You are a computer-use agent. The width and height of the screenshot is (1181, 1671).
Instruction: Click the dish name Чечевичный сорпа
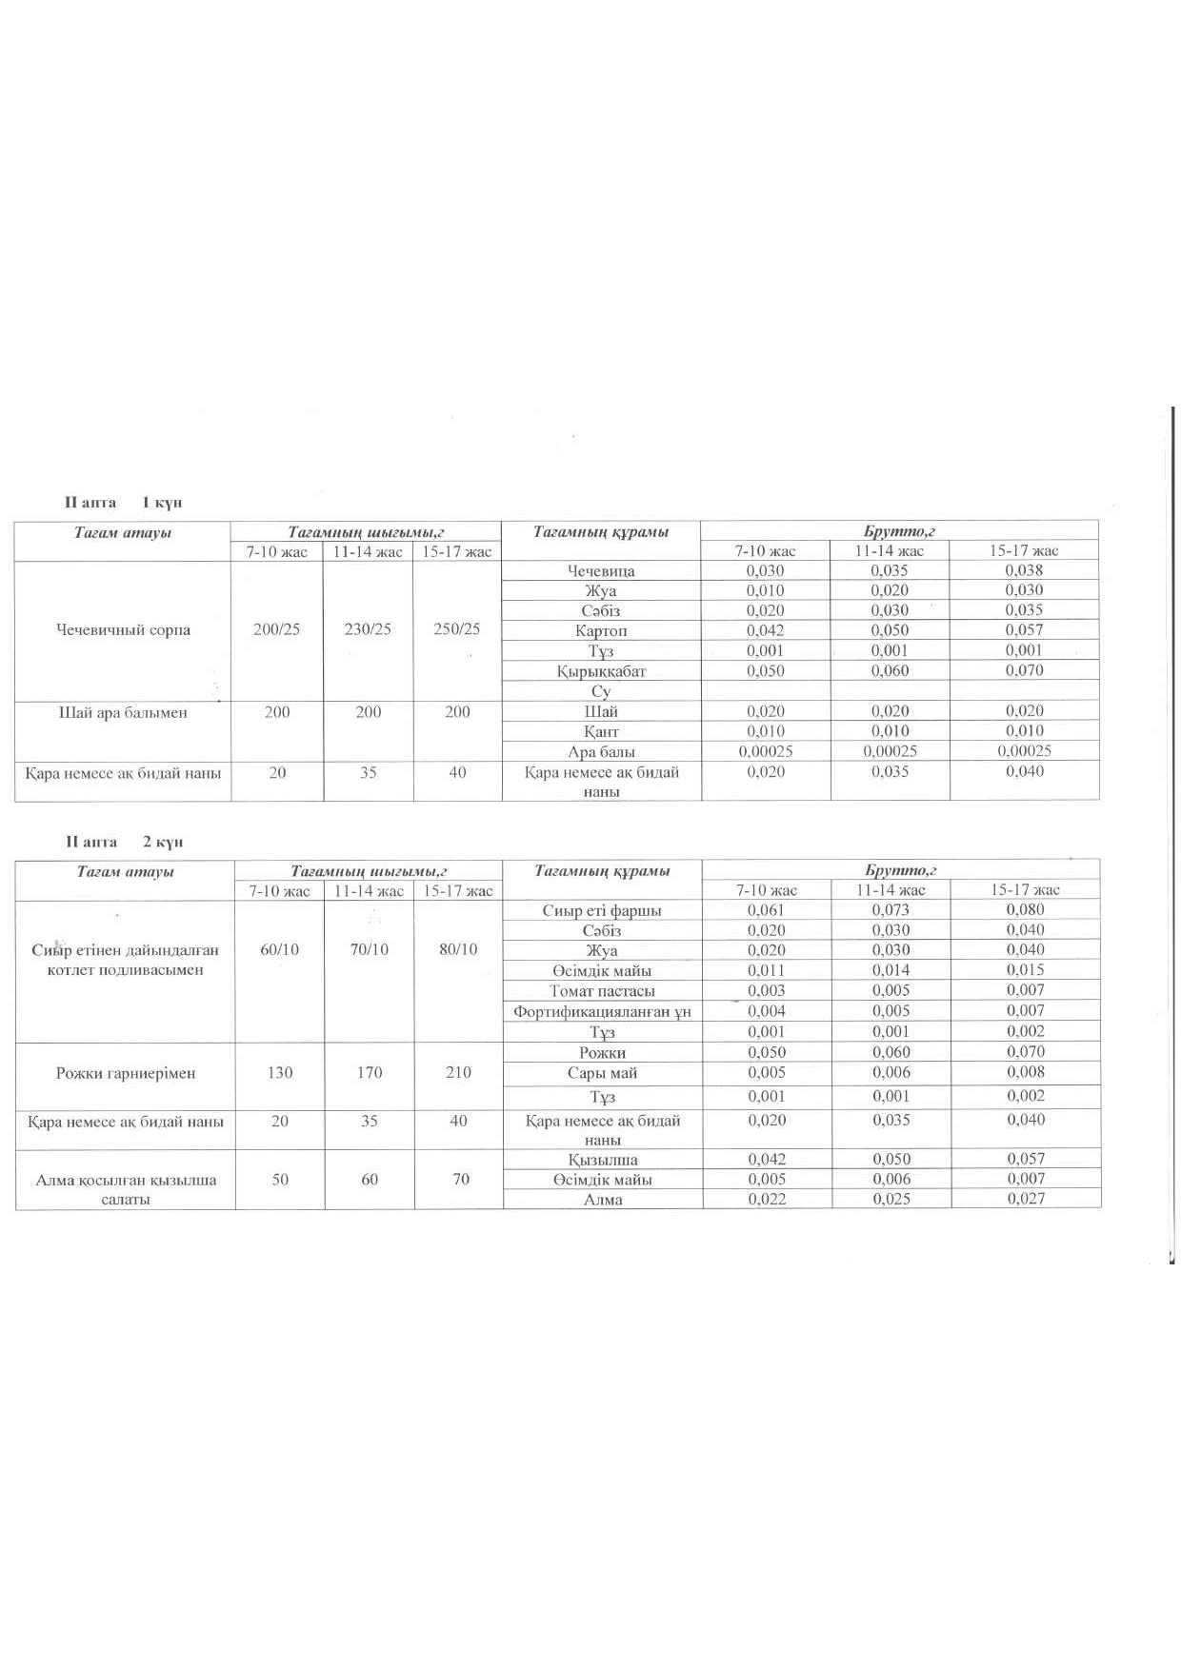pyautogui.click(x=123, y=630)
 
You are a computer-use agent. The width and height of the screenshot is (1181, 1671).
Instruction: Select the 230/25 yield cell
pyautogui.click(x=368, y=629)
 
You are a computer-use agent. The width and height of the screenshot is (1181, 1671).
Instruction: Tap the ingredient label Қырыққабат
pyautogui.click(x=601, y=671)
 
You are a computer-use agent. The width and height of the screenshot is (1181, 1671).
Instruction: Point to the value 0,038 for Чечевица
pyautogui.click(x=1024, y=570)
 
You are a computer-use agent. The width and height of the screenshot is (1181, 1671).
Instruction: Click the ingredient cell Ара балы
pyautogui.click(x=601, y=751)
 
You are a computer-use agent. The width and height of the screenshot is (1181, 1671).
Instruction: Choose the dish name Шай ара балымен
pyautogui.click(x=123, y=712)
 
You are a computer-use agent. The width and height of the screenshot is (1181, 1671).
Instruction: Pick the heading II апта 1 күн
pyautogui.click(x=123, y=503)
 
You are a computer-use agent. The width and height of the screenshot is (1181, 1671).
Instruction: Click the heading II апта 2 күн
pyautogui.click(x=124, y=842)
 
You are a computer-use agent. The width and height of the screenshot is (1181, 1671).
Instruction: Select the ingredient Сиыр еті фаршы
pyautogui.click(x=602, y=910)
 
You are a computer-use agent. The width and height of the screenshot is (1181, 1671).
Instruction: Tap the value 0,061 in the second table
pyautogui.click(x=766, y=910)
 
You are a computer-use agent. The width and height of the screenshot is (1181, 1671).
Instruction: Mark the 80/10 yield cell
pyautogui.click(x=458, y=949)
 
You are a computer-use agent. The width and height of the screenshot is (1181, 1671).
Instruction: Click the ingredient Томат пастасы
pyautogui.click(x=602, y=991)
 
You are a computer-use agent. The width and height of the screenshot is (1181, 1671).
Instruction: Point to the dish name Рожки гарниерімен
pyautogui.click(x=126, y=1073)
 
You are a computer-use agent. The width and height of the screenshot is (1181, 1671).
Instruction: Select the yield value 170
pyautogui.click(x=370, y=1073)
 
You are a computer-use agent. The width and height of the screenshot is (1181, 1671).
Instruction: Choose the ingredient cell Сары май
pyautogui.click(x=602, y=1073)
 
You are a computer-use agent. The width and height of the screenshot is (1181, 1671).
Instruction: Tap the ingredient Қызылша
pyautogui.click(x=603, y=1160)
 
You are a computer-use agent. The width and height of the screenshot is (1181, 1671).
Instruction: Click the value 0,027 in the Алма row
pyautogui.click(x=1026, y=1199)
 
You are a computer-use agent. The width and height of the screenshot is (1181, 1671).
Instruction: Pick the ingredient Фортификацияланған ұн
pyautogui.click(x=602, y=1011)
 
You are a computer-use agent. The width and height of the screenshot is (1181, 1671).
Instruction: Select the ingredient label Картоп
pyautogui.click(x=601, y=630)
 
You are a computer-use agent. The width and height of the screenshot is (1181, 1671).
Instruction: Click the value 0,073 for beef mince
pyautogui.click(x=891, y=910)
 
